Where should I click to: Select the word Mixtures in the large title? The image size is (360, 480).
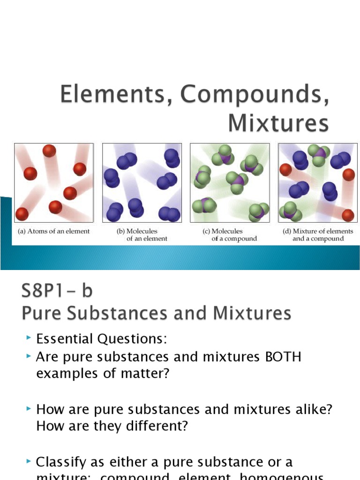point(278,124)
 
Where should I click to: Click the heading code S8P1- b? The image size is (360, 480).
point(57,292)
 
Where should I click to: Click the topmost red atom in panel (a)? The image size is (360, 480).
point(49,151)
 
